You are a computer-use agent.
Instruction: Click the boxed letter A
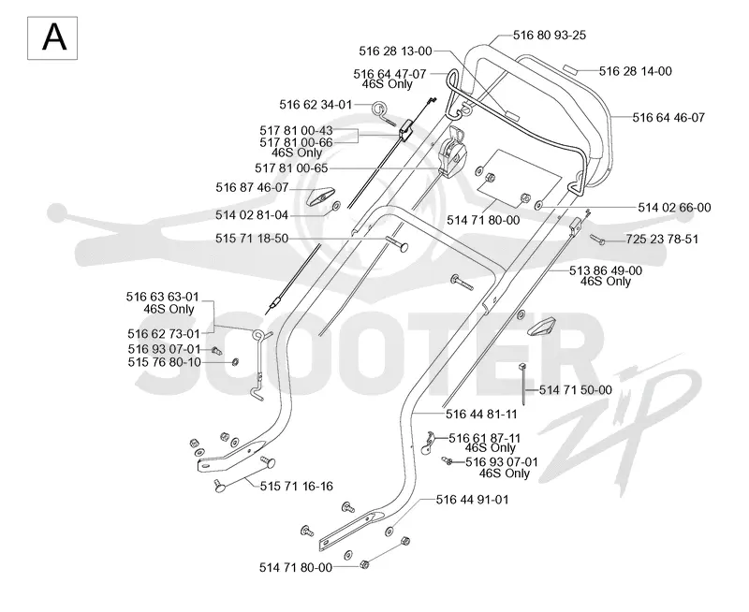(52, 38)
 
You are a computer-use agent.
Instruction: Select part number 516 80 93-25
(550, 35)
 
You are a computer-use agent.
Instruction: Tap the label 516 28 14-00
(636, 71)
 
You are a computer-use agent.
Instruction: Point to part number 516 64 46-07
(668, 117)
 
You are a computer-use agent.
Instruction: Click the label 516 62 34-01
(316, 105)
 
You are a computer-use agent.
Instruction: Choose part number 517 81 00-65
(291, 168)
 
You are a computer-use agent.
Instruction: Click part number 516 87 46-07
(252, 187)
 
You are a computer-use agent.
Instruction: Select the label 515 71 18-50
(252, 239)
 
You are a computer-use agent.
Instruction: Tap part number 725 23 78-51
(662, 239)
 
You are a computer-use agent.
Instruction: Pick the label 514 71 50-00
(576, 390)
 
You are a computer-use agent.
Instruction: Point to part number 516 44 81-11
(481, 414)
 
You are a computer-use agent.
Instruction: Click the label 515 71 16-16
(297, 487)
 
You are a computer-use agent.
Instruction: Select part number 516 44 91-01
(473, 500)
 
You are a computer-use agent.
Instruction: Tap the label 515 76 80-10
(165, 362)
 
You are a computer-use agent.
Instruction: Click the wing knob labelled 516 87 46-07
(317, 196)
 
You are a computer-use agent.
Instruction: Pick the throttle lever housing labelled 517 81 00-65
(451, 153)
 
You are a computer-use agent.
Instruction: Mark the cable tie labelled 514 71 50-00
(522, 385)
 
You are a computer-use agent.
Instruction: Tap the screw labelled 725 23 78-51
(597, 240)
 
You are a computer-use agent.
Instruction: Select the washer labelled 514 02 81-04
(335, 206)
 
